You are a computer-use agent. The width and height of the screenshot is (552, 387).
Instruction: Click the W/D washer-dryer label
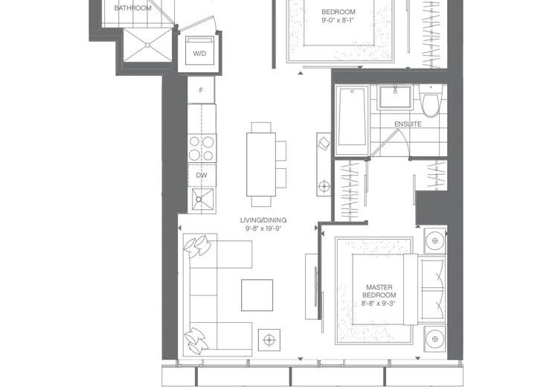[199, 54]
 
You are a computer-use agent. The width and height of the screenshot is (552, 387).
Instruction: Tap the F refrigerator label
[201, 90]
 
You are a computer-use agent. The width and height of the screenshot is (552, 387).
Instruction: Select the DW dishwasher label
[202, 175]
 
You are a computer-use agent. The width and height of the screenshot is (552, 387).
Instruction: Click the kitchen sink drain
[199, 199]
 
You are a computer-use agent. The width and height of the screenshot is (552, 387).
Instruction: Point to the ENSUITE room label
[408, 124]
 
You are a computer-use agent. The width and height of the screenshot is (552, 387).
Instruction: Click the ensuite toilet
[431, 100]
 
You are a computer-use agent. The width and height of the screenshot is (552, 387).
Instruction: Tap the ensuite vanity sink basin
[395, 97]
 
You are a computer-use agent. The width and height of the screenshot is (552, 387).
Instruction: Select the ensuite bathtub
[352, 120]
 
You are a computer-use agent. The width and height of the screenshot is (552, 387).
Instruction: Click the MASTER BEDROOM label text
[379, 291]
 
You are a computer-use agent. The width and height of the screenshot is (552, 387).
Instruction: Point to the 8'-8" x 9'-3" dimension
[379, 303]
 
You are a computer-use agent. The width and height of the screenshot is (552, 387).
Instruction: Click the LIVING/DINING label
[263, 220]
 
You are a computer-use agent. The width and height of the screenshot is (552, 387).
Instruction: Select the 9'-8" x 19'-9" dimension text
[263, 228]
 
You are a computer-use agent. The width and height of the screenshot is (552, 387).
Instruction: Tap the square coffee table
[257, 295]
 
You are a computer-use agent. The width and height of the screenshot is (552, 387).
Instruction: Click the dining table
[261, 164]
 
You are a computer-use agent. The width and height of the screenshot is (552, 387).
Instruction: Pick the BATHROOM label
[132, 7]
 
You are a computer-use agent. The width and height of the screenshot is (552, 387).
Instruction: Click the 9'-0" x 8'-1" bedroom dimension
[337, 20]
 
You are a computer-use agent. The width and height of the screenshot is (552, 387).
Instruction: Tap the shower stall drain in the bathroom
[147, 45]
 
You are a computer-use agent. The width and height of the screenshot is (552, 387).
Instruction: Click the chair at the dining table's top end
[261, 127]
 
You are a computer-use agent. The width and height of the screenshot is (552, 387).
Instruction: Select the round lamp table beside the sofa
[269, 340]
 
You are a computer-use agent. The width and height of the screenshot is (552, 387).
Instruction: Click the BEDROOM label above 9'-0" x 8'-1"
[338, 12]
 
